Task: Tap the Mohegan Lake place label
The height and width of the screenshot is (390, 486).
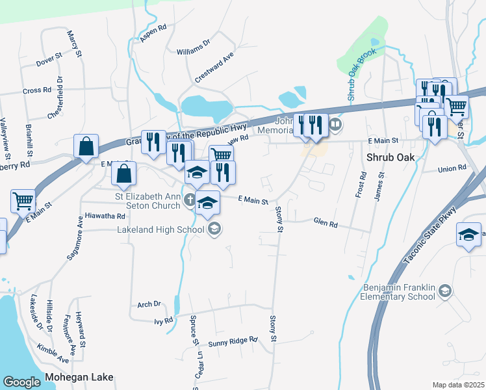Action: click(x=79, y=377)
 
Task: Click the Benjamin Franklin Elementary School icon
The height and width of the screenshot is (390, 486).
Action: click(x=445, y=291)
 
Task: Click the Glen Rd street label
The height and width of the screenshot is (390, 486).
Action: click(x=326, y=224)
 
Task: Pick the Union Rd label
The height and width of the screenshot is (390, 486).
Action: click(x=452, y=168)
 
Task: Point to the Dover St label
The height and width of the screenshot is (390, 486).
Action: click(x=49, y=62)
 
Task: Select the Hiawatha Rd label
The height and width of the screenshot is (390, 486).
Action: click(x=104, y=215)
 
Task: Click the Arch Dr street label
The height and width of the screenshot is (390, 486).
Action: click(x=149, y=304)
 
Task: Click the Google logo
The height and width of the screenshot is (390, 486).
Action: click(x=22, y=382)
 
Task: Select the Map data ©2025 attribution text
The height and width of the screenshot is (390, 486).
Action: click(x=459, y=385)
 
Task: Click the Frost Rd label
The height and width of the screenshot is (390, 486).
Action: click(x=361, y=185)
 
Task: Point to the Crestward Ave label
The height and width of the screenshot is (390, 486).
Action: click(x=214, y=68)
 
